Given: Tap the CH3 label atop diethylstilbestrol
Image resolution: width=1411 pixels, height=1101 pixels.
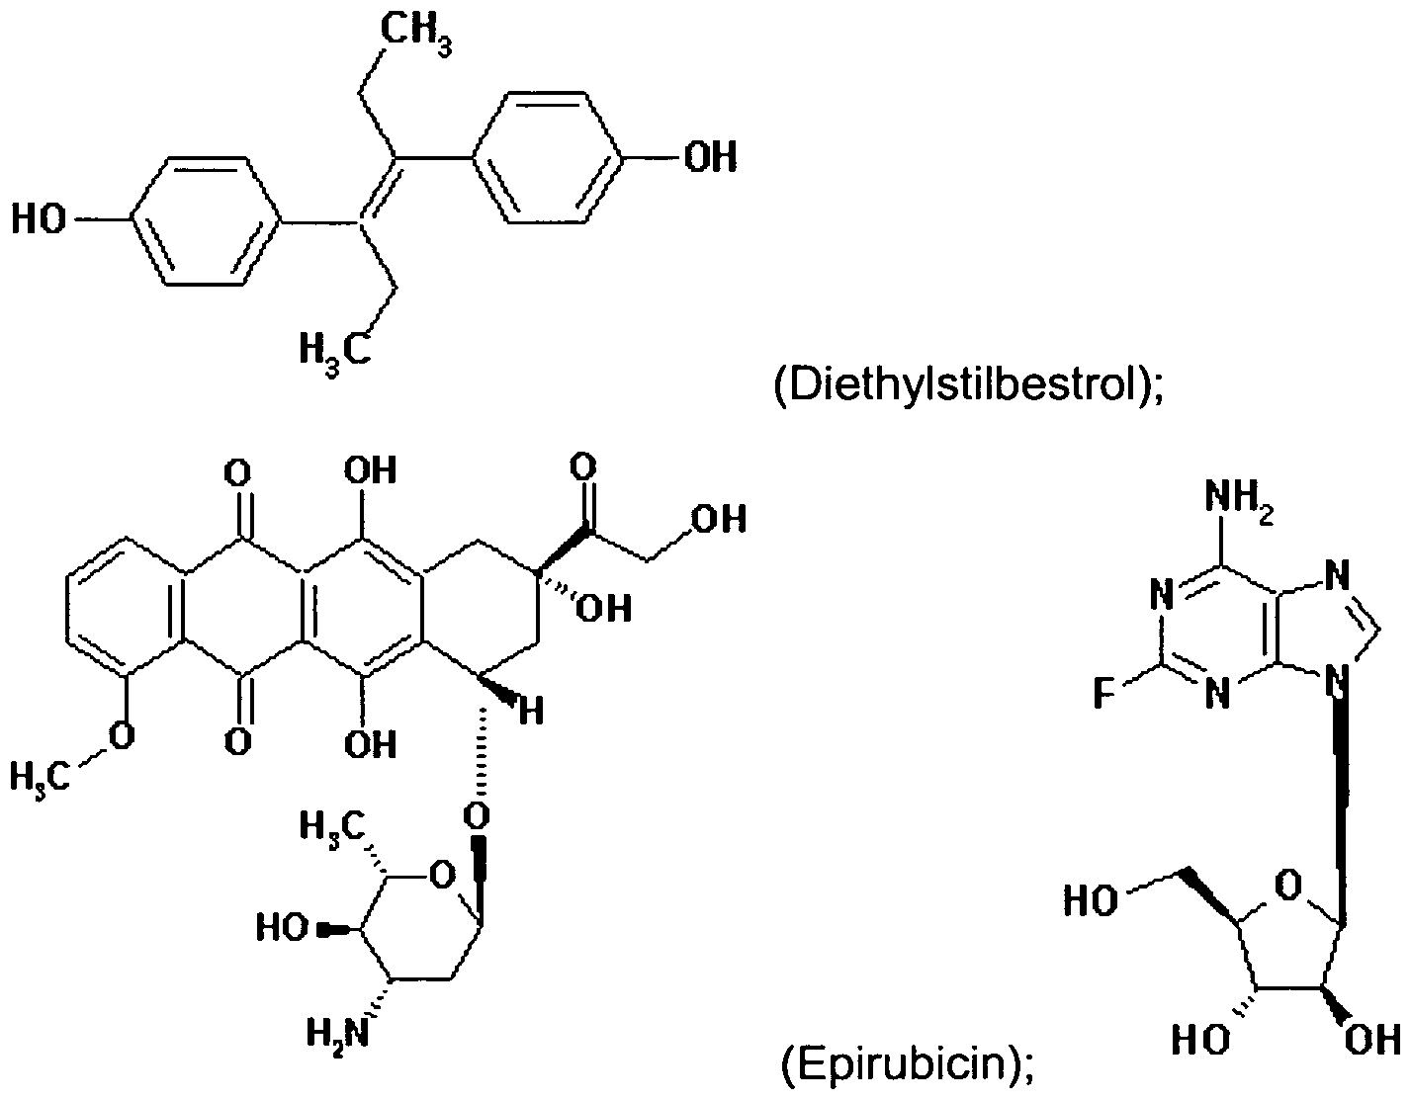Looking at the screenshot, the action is coord(415,33).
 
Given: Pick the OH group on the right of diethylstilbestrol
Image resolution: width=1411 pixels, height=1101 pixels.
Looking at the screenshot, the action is coord(710,156).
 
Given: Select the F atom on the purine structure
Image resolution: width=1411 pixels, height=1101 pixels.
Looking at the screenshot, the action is coord(1103,692).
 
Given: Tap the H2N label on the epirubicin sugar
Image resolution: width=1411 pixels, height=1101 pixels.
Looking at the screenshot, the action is coord(337,1034).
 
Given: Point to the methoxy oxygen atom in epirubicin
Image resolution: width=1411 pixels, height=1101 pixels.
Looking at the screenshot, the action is coord(122,736).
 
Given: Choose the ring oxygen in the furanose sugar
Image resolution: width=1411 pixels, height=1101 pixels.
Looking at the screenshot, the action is coord(1288,885).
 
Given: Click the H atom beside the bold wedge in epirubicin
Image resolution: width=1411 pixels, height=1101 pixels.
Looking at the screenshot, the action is coord(531,711).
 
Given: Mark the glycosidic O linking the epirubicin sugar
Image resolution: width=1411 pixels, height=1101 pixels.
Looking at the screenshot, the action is coord(477,816).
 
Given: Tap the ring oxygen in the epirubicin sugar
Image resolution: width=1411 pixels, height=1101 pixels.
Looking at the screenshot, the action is coord(442,876).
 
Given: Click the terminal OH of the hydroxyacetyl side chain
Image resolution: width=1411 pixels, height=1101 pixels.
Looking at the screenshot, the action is coord(719,519).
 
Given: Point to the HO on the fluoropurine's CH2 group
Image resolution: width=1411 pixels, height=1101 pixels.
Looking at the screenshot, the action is coord(1092,900).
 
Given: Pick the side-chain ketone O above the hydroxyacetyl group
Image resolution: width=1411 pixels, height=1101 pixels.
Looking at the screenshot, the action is coord(583,467).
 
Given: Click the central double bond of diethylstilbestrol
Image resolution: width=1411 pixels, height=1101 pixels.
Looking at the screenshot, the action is coord(378,191).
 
